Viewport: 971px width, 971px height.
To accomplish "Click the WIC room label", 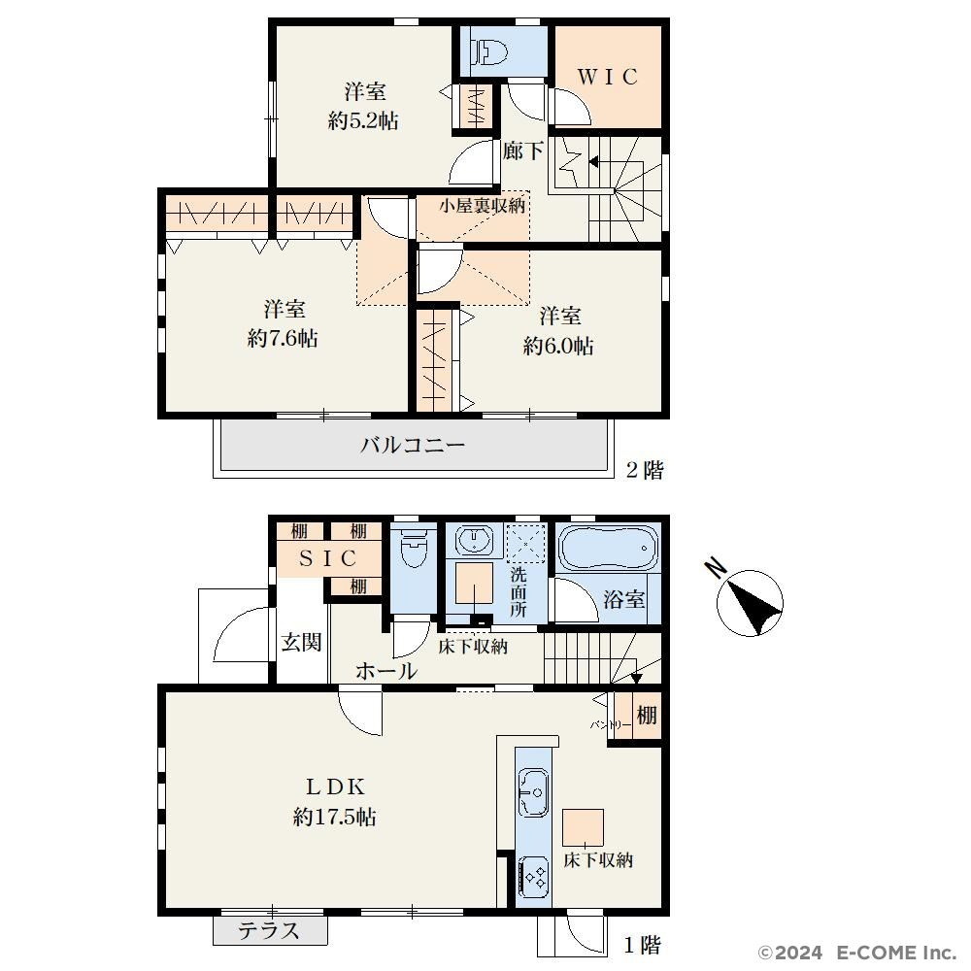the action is (608, 77).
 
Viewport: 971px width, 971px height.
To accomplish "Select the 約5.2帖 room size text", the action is (363, 120).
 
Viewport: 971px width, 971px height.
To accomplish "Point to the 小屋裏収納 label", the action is (483, 206).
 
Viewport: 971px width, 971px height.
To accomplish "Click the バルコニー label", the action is (413, 445).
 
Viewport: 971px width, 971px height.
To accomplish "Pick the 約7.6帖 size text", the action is (283, 338).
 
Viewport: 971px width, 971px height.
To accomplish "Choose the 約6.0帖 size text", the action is (558, 346).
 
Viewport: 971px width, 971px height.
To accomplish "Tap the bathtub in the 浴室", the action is (608, 548).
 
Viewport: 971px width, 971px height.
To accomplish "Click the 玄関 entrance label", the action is (301, 642).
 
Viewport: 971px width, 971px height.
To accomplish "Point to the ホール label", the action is (386, 671).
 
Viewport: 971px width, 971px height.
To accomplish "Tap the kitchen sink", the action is (533, 793).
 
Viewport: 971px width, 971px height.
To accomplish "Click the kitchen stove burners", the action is (533, 876).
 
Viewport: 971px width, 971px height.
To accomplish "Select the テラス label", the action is (269, 931).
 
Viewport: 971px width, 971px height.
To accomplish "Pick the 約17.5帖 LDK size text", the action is (334, 818).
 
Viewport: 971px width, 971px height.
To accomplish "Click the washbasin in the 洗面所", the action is (475, 540).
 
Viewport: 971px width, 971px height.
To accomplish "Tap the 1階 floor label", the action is (643, 945).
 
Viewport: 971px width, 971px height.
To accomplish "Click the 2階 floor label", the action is (645, 470).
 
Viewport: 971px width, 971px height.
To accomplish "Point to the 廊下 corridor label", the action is (523, 151).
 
